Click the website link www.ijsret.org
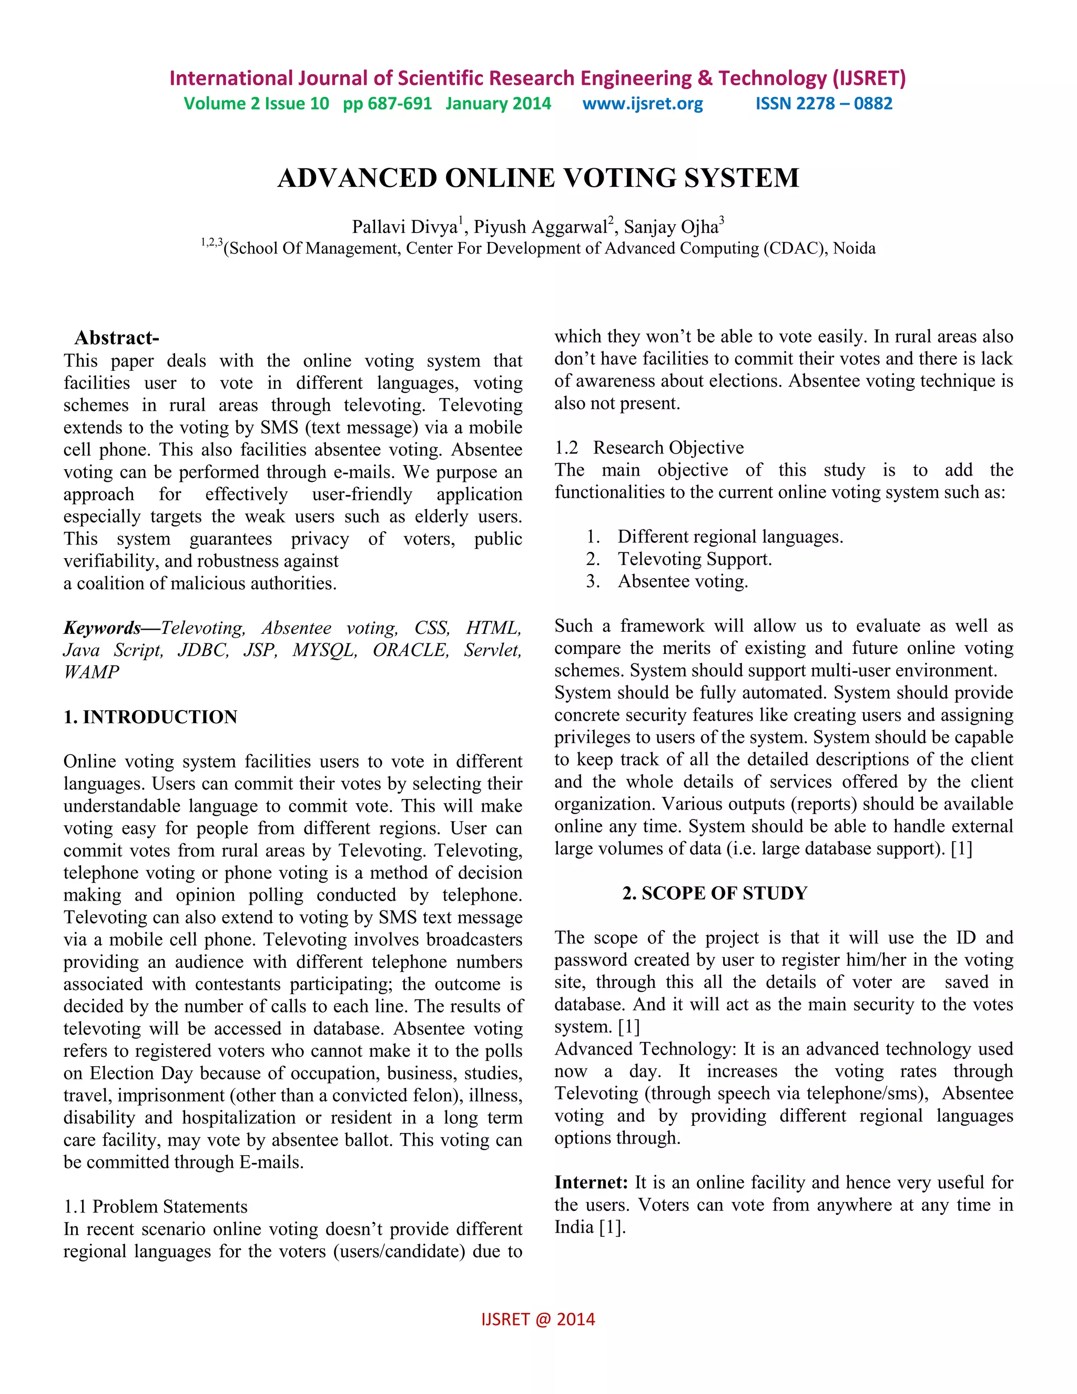[643, 104]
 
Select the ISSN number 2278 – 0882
[824, 104]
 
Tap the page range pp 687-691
[387, 104]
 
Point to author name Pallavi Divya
[404, 227]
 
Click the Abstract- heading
[117, 338]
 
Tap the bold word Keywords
[102, 628]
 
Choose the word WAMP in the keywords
[91, 672]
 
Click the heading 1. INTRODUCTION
[150, 717]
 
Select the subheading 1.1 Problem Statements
[156, 1206]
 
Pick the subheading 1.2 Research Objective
[649, 448]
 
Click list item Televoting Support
[694, 559]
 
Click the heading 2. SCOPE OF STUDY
[715, 893]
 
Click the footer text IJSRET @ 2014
[538, 1319]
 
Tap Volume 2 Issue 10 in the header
[257, 104]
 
